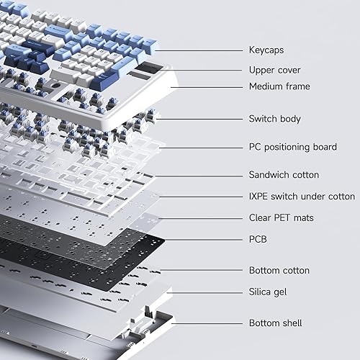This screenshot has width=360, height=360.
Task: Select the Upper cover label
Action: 274,70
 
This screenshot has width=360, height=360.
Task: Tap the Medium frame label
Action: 279,86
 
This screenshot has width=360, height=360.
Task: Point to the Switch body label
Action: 274,119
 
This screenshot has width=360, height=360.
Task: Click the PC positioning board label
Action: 292,147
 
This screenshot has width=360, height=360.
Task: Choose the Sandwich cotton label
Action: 284,174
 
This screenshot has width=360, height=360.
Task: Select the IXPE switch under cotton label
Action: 302,196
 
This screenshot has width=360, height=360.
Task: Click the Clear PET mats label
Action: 281,217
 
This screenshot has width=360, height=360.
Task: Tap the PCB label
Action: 258,238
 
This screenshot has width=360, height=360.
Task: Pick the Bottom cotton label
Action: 279,270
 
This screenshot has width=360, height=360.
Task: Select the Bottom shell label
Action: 275,323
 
